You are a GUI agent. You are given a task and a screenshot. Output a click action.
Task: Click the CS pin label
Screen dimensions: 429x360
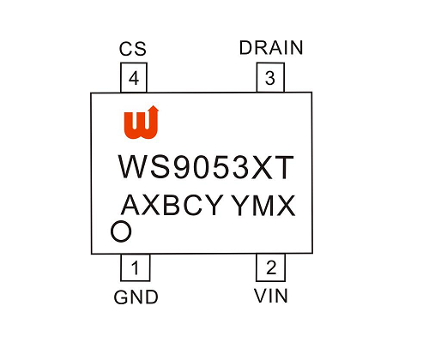pyautogui.click(x=133, y=49)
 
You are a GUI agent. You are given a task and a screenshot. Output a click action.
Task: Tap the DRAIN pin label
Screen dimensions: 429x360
pyautogui.click(x=271, y=48)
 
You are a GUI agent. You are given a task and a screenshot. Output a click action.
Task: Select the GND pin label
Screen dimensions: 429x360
pyautogui.click(x=136, y=297)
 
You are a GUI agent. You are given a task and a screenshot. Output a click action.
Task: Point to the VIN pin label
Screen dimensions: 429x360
pyautogui.click(x=271, y=296)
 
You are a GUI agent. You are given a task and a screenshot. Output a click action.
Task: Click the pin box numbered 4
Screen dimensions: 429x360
pyautogui.click(x=134, y=77)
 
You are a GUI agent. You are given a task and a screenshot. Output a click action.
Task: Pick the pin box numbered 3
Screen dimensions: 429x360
pyautogui.click(x=270, y=77)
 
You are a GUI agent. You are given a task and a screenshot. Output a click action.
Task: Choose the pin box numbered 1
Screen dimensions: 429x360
pyautogui.click(x=136, y=267)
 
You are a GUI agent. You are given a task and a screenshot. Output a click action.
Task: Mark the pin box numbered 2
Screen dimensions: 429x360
pyautogui.click(x=270, y=267)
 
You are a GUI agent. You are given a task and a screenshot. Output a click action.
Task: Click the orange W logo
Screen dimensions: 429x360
pyautogui.click(x=142, y=123)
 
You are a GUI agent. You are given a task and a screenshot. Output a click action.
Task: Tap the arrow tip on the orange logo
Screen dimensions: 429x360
pyautogui.click(x=154, y=106)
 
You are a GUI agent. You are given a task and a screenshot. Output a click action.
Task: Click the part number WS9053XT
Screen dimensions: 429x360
pyautogui.click(x=206, y=167)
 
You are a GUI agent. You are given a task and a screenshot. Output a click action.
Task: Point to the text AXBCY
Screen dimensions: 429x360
pyautogui.click(x=172, y=205)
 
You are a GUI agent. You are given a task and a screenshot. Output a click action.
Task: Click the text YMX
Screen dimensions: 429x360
pyautogui.click(x=263, y=205)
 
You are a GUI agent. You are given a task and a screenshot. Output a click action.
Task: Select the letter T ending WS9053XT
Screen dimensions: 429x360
pyautogui.click(x=283, y=167)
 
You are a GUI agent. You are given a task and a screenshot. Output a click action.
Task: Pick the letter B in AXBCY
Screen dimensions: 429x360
pyautogui.click(x=172, y=205)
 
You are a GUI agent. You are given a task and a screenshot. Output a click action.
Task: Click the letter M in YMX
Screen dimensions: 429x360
pyautogui.click(x=263, y=206)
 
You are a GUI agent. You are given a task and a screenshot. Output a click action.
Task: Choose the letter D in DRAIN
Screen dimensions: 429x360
pyautogui.click(x=245, y=48)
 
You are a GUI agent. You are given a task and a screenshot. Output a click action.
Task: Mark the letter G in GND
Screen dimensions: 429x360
pyautogui.click(x=121, y=297)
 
